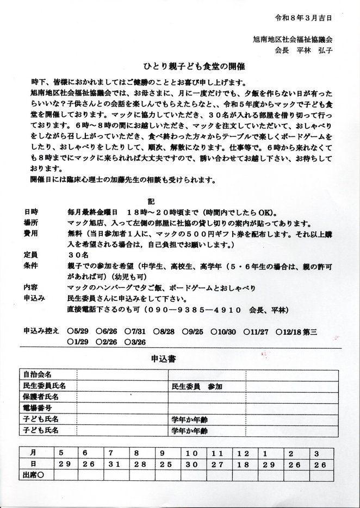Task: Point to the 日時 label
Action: click(x=32, y=211)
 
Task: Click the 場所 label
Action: click(x=32, y=222)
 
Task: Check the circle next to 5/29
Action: click(x=71, y=331)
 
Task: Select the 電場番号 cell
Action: click(x=38, y=407)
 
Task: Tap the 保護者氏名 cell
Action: click(x=41, y=397)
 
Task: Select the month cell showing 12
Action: click(x=243, y=453)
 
